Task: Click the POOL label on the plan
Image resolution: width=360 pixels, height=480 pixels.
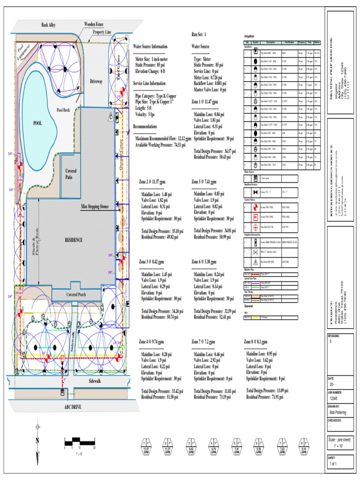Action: pos(37,123)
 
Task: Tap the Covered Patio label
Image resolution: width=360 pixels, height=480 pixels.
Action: pos(71,175)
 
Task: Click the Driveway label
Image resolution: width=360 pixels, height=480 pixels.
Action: pos(96,82)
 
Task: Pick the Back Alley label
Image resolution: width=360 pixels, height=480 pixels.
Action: pos(48,25)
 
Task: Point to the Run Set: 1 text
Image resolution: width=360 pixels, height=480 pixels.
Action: pos(198,35)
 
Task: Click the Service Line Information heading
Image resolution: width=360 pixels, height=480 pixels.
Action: pos(149,83)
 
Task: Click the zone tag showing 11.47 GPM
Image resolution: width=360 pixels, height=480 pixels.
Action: pos(146,449)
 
